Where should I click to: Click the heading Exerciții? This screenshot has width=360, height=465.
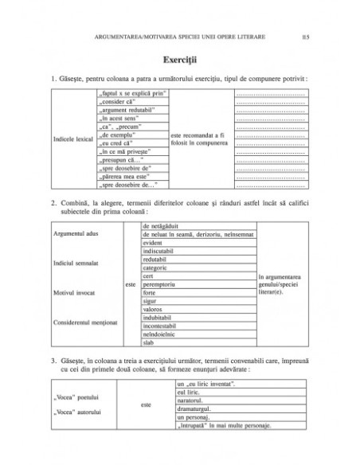[x=180, y=60]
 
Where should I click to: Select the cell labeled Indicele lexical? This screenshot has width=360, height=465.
[x=71, y=141]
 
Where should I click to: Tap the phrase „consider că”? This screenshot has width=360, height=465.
[x=120, y=103]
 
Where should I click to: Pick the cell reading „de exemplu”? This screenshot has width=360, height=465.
[x=119, y=137]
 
